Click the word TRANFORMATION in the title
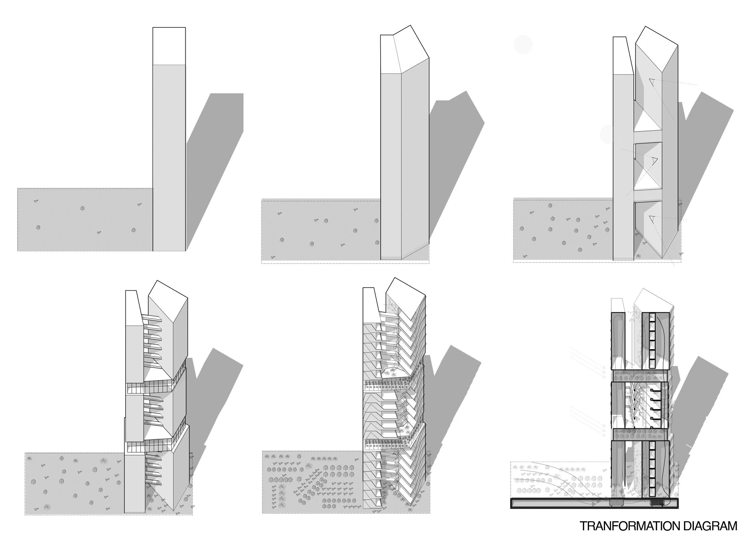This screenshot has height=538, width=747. click(630, 526)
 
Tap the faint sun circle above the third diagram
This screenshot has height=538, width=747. click(523, 45)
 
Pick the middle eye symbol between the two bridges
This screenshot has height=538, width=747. click(654, 161)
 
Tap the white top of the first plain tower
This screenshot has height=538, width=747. click(169, 46)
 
